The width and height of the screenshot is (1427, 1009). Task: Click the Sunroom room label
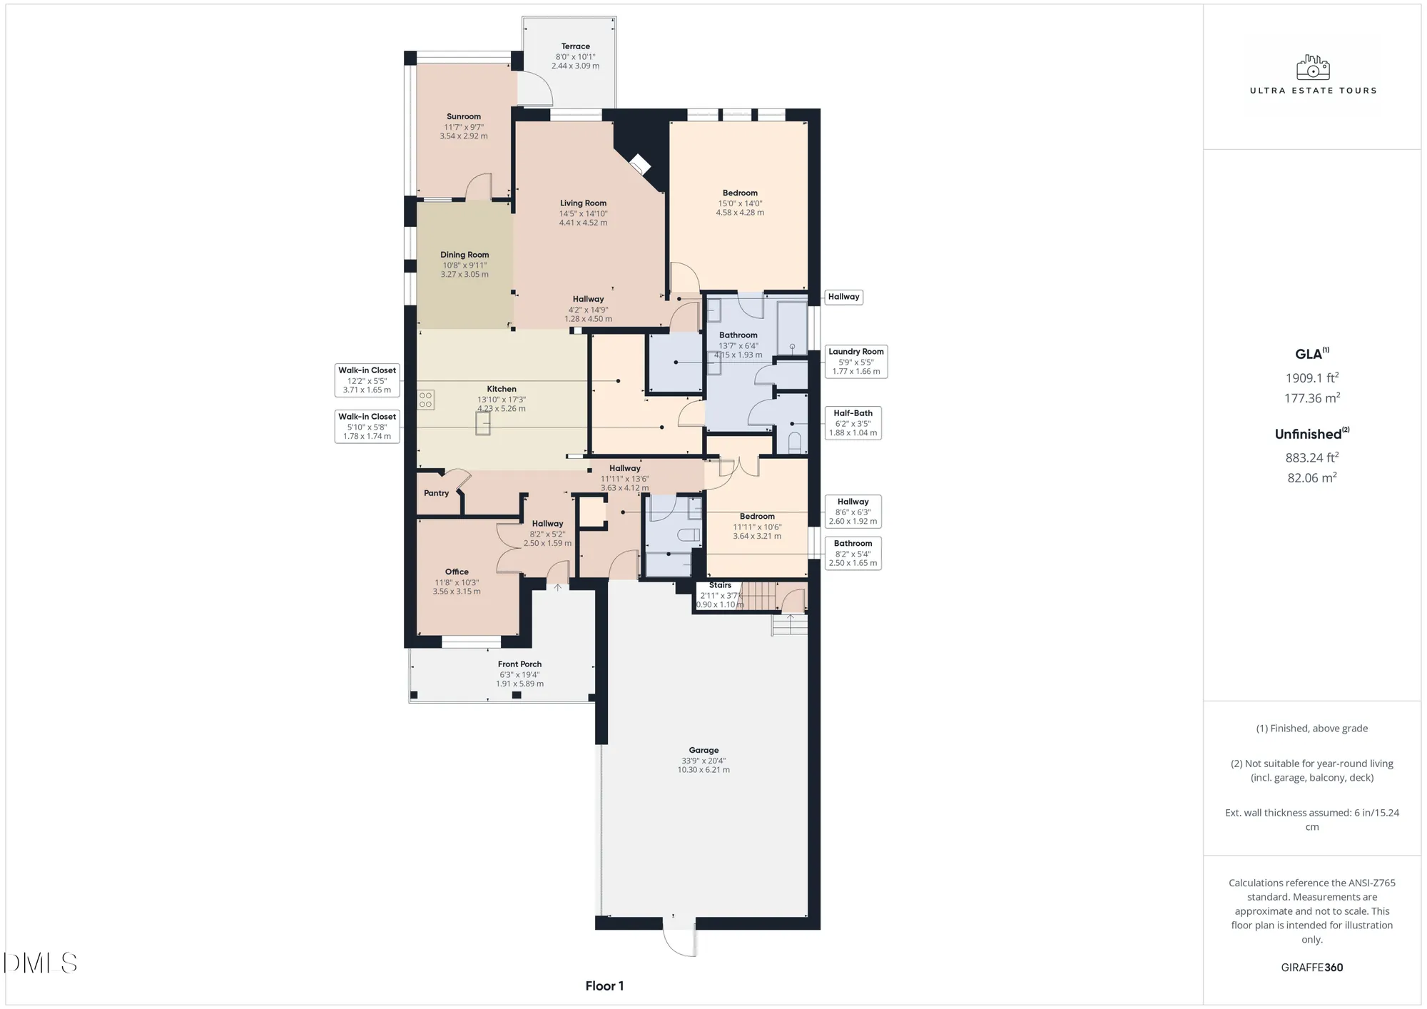pyautogui.click(x=464, y=116)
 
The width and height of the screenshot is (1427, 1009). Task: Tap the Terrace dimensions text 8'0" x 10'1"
pyautogui.click(x=575, y=57)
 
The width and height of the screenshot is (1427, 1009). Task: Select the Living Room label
pyautogui.click(x=583, y=203)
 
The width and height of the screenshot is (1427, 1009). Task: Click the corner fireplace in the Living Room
pyautogui.click(x=639, y=165)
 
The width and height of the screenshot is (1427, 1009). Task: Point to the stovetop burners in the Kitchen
pyautogui.click(x=425, y=400)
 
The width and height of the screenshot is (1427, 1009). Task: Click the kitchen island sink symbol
pyautogui.click(x=483, y=424)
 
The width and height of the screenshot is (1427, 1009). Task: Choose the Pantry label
pyautogui.click(x=436, y=493)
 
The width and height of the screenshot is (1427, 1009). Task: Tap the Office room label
pyautogui.click(x=457, y=572)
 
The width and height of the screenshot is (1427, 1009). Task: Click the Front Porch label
pyautogui.click(x=519, y=664)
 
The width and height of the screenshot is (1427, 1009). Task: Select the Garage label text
pyautogui.click(x=704, y=750)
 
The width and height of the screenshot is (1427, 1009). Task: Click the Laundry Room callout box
pyautogui.click(x=855, y=361)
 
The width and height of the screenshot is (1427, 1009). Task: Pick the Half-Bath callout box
pyautogui.click(x=853, y=422)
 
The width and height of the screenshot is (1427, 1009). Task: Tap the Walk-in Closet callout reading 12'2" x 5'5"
pyautogui.click(x=367, y=380)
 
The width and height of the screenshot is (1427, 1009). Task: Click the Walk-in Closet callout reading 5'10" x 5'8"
pyautogui.click(x=367, y=426)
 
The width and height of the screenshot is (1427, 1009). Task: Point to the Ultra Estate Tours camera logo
pyautogui.click(x=1313, y=68)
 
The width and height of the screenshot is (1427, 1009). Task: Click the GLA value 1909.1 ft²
pyautogui.click(x=1311, y=378)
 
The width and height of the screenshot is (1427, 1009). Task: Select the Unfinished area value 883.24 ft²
pyautogui.click(x=1311, y=458)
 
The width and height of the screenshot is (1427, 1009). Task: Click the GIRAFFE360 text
pyautogui.click(x=1311, y=968)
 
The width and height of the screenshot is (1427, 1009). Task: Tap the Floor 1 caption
pyautogui.click(x=604, y=986)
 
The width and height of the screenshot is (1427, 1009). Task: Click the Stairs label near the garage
pyautogui.click(x=720, y=585)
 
